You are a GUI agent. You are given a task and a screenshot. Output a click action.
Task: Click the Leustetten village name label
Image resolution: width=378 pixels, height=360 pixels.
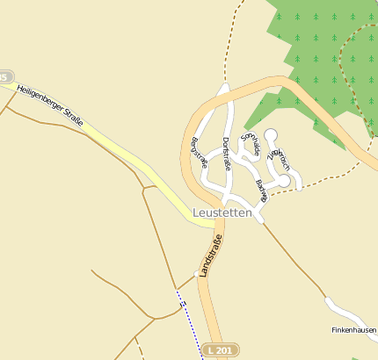(x=222, y=213)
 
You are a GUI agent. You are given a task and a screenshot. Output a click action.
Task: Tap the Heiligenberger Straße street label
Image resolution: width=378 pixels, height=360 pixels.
(x=49, y=104)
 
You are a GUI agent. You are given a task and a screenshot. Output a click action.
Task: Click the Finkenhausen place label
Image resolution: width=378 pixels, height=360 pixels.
(x=353, y=330)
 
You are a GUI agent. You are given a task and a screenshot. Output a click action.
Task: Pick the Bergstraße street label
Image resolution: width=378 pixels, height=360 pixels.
(x=200, y=152)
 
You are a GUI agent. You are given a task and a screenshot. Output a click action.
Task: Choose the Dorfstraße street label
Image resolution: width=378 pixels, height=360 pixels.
(x=227, y=154)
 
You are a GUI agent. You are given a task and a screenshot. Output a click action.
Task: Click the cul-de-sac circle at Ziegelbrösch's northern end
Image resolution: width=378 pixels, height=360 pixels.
(x=270, y=135)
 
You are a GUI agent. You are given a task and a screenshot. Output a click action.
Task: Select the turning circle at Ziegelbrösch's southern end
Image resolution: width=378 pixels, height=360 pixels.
(x=284, y=181)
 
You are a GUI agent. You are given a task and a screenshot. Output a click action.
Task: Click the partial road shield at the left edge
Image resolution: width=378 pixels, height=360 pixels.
(x=5, y=77)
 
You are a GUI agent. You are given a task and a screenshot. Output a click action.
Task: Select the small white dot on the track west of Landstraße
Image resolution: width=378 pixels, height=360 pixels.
(x=196, y=272)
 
